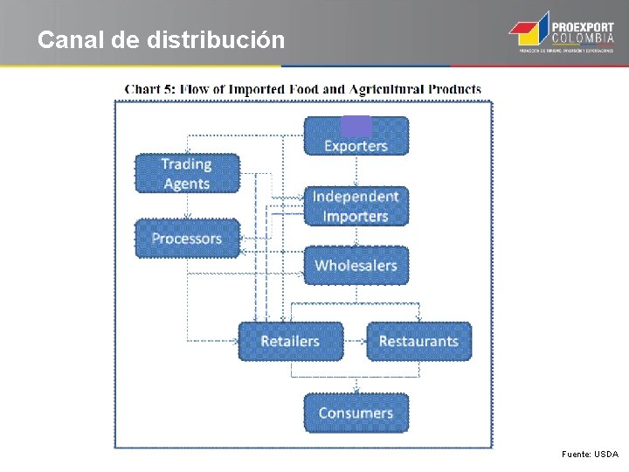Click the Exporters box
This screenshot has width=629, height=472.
pyautogui.click(x=356, y=140)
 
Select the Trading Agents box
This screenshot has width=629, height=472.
pyautogui.click(x=186, y=173)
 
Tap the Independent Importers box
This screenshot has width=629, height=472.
pyautogui.click(x=356, y=206)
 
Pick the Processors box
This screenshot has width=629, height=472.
pyautogui.click(x=186, y=239)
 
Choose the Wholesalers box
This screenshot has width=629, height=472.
pyautogui.click(x=356, y=265)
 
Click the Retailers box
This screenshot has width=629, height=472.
pyautogui.click(x=290, y=341)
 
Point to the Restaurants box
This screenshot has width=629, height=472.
pyautogui.click(x=418, y=341)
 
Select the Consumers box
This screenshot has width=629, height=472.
pyautogui.click(x=356, y=413)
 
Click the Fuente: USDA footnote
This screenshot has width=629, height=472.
pyautogui.click(x=591, y=455)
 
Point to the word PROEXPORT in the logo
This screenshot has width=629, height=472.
pyautogui.click(x=582, y=27)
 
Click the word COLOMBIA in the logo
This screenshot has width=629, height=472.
pyautogui.click(x=582, y=39)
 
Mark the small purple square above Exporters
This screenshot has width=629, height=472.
pyautogui.click(x=356, y=126)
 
